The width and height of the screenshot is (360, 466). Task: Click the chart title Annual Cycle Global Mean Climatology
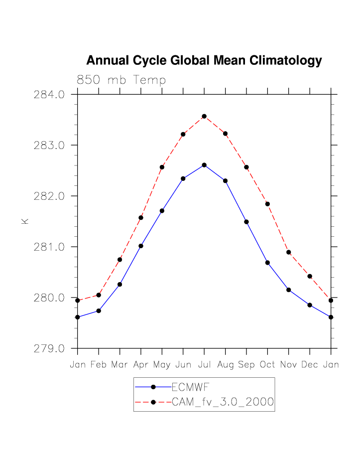point(204,61)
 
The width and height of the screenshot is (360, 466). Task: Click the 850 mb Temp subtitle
point(121,80)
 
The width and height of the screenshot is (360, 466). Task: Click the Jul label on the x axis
point(204,365)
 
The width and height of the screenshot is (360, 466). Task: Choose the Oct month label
point(267,365)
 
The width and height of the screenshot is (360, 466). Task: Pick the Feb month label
point(99,365)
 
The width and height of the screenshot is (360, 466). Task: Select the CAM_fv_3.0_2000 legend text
point(223,402)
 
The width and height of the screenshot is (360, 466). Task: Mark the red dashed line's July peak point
point(204,116)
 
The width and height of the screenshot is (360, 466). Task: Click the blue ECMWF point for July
point(204,165)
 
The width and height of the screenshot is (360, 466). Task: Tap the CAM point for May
point(162,167)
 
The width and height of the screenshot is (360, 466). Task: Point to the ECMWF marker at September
point(246,222)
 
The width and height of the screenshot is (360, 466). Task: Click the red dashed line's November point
point(289,252)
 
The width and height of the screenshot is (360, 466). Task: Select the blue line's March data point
point(120,284)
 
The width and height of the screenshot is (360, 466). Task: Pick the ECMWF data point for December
point(310,305)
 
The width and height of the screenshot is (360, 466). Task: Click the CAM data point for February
point(99,295)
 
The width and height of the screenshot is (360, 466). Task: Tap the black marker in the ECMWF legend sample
point(153,387)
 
